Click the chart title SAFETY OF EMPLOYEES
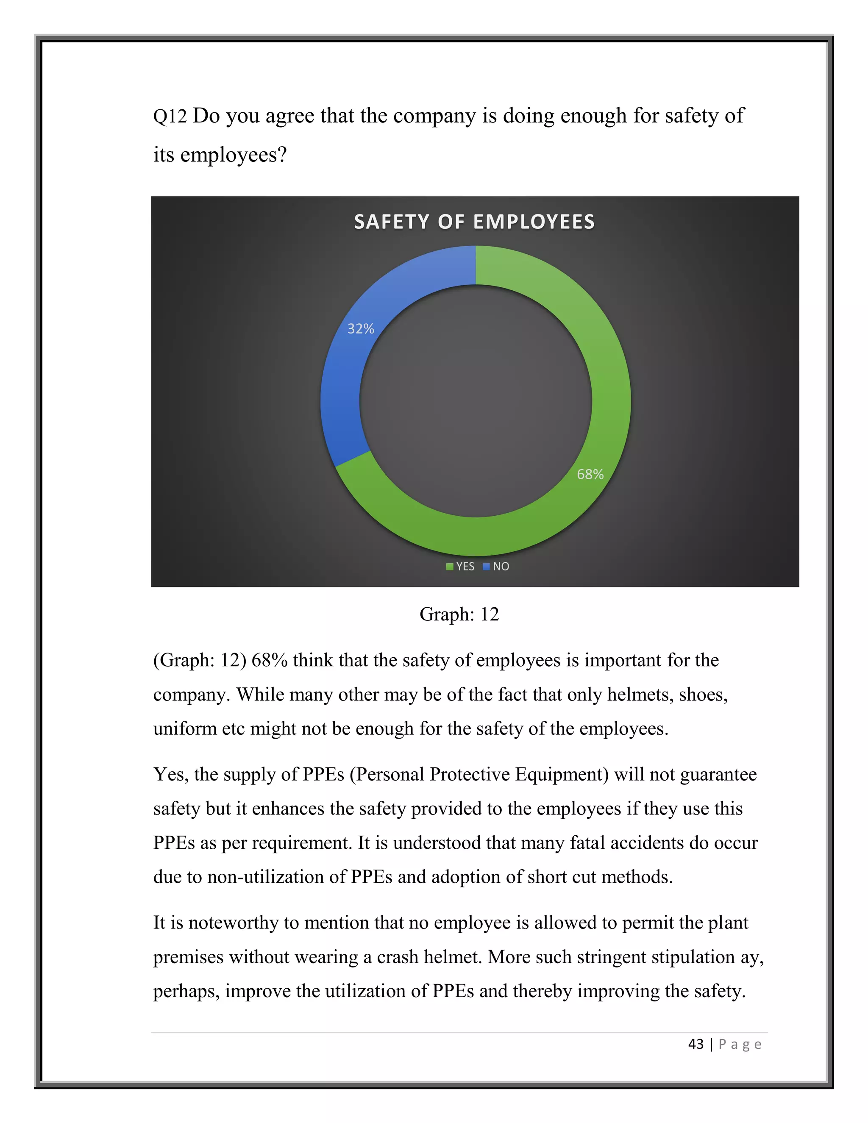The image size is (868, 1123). click(x=474, y=222)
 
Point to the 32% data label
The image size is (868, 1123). click(x=361, y=328)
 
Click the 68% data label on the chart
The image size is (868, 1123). click(x=590, y=474)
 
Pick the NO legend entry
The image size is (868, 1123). click(x=496, y=566)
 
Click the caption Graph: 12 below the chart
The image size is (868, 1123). click(x=459, y=614)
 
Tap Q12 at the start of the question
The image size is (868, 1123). click(x=170, y=116)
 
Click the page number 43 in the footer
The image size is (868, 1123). click(x=696, y=1044)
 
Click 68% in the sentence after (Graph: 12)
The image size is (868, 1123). click(x=269, y=660)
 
